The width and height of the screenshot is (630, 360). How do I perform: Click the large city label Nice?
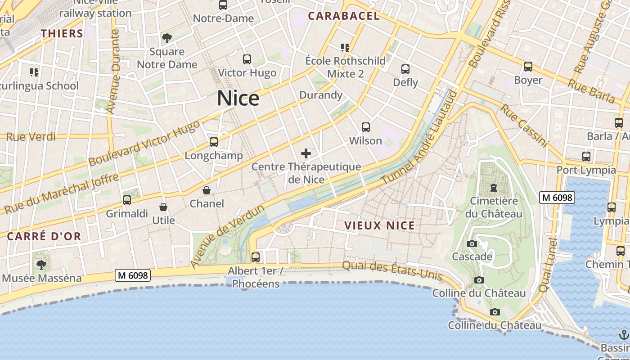[x=238, y=98]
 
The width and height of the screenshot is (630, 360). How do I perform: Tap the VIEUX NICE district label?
[x=379, y=225]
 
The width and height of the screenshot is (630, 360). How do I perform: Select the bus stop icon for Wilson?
[x=366, y=127]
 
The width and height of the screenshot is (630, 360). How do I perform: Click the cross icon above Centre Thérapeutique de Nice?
[x=306, y=153]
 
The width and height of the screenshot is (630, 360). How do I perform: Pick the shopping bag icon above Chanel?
[x=207, y=190]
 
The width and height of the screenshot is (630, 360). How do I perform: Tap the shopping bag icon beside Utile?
[x=163, y=207]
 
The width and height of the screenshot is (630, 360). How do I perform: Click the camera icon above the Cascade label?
[x=472, y=243]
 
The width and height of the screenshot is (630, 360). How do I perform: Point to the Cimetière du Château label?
[x=494, y=207]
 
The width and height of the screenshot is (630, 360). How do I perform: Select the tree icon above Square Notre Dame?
[x=167, y=38]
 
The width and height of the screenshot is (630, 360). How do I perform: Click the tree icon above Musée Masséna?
[x=41, y=265]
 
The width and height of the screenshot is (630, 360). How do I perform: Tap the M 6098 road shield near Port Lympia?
[x=557, y=197]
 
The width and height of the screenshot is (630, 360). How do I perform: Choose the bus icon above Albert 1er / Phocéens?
[x=256, y=257]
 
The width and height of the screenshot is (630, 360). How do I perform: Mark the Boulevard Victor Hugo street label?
[x=144, y=143]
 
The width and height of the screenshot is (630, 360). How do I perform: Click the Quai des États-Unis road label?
[x=392, y=270]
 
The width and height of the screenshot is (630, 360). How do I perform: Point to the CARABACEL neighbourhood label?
[x=344, y=16]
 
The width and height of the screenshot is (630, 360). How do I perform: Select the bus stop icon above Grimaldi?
[x=127, y=200]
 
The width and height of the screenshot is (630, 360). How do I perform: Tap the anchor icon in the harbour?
[x=624, y=335]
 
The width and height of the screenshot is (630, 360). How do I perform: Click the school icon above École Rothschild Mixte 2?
[x=345, y=47]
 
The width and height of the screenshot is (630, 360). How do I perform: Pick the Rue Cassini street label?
[x=525, y=126]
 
